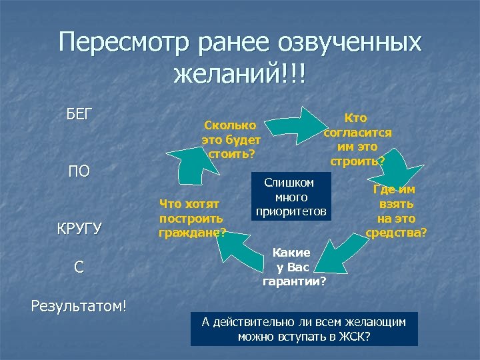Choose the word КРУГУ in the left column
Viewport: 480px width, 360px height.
[78, 229]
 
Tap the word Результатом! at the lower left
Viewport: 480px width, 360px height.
[79, 306]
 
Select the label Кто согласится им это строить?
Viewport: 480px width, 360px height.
[357, 139]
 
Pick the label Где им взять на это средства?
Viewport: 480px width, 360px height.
[396, 211]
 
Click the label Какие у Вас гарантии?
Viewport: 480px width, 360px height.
[294, 267]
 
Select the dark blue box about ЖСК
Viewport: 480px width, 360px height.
[304, 329]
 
